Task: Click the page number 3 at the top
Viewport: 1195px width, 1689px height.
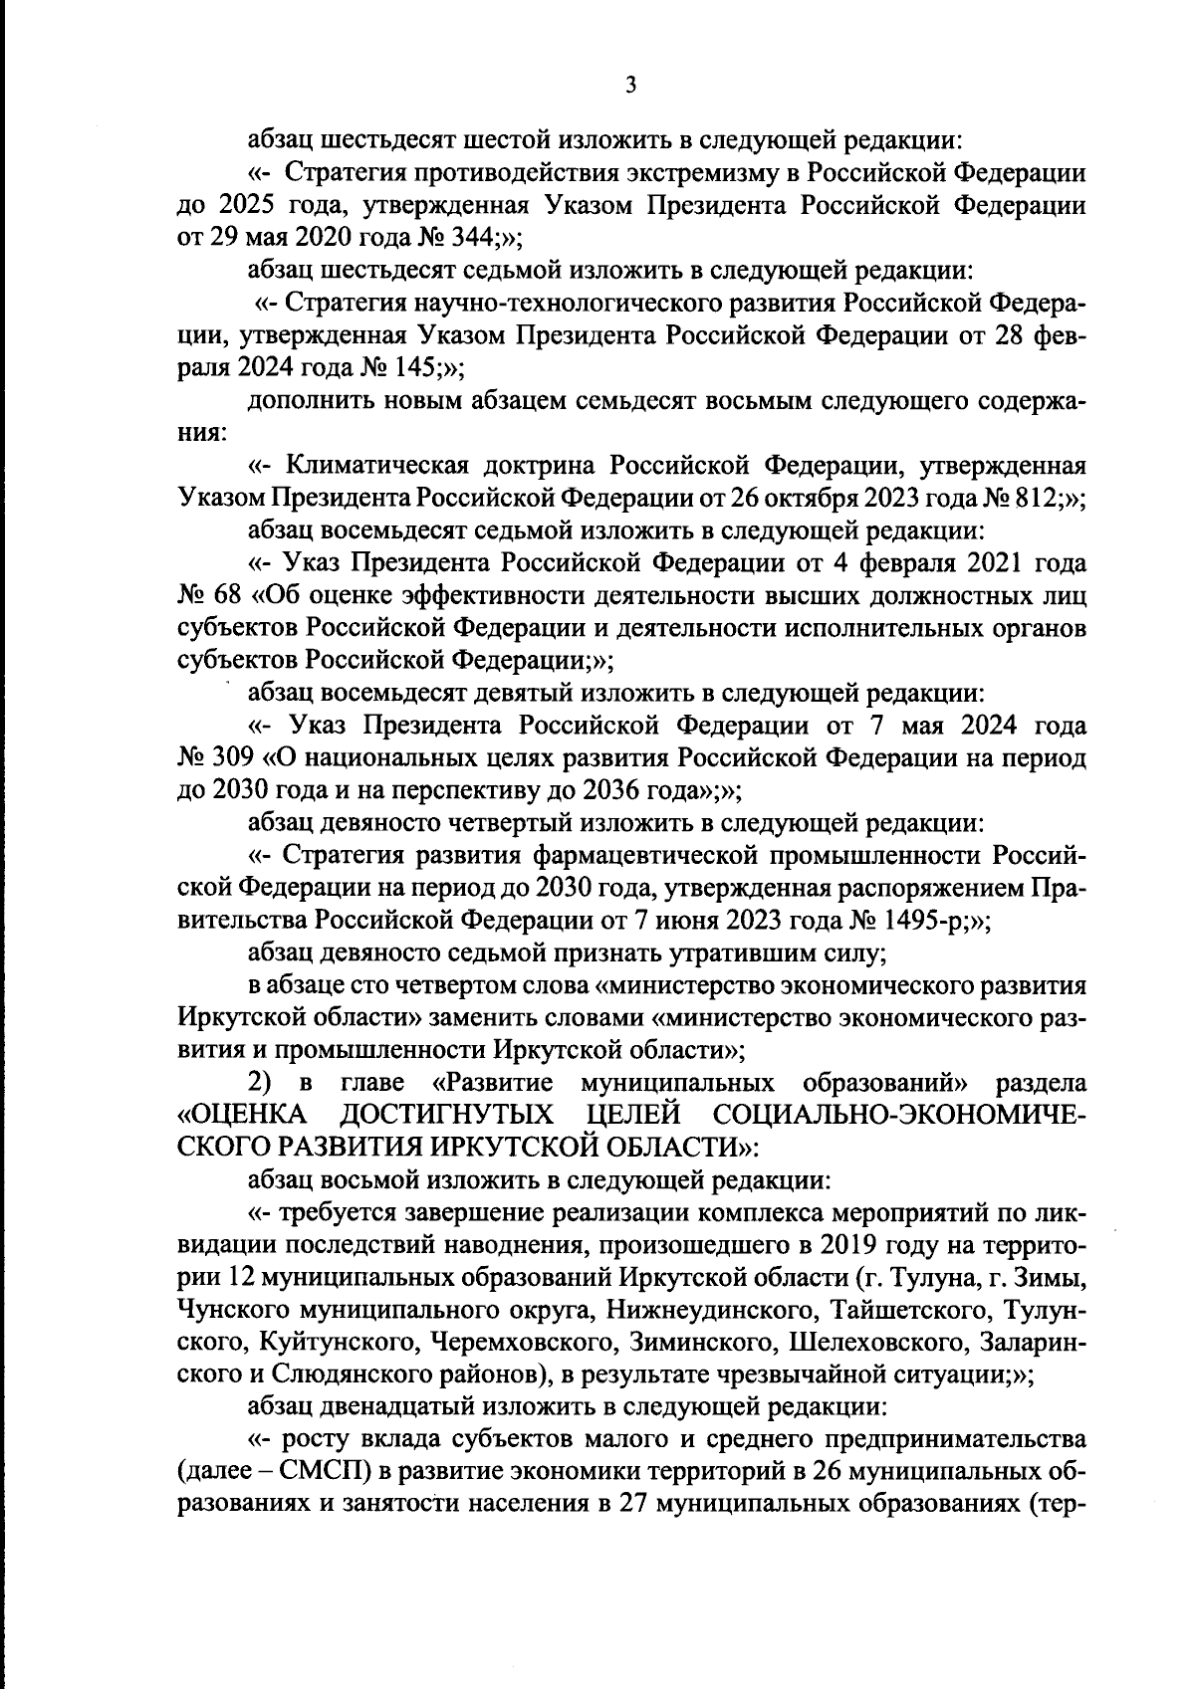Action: [629, 85]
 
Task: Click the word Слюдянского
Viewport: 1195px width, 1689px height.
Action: [339, 1374]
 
